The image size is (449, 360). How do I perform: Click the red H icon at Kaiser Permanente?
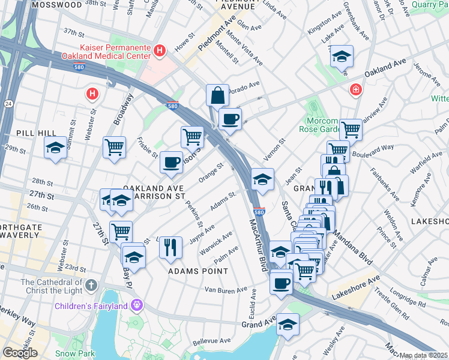159,52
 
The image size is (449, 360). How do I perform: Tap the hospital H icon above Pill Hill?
92,94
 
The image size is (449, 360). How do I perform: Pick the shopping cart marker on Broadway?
114,146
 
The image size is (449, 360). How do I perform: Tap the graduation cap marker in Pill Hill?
55,148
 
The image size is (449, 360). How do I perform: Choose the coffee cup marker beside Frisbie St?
172,162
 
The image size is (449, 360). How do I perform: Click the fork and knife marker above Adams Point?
170,247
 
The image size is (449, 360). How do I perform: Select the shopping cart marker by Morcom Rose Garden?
351,128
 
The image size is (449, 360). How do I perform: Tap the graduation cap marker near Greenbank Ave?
342,57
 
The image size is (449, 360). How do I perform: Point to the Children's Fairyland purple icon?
137,305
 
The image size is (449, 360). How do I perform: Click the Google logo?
20,353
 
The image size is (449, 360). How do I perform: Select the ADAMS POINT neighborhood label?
198,271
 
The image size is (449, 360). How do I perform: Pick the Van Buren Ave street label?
226,290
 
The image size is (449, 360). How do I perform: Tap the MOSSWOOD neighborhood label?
56,4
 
